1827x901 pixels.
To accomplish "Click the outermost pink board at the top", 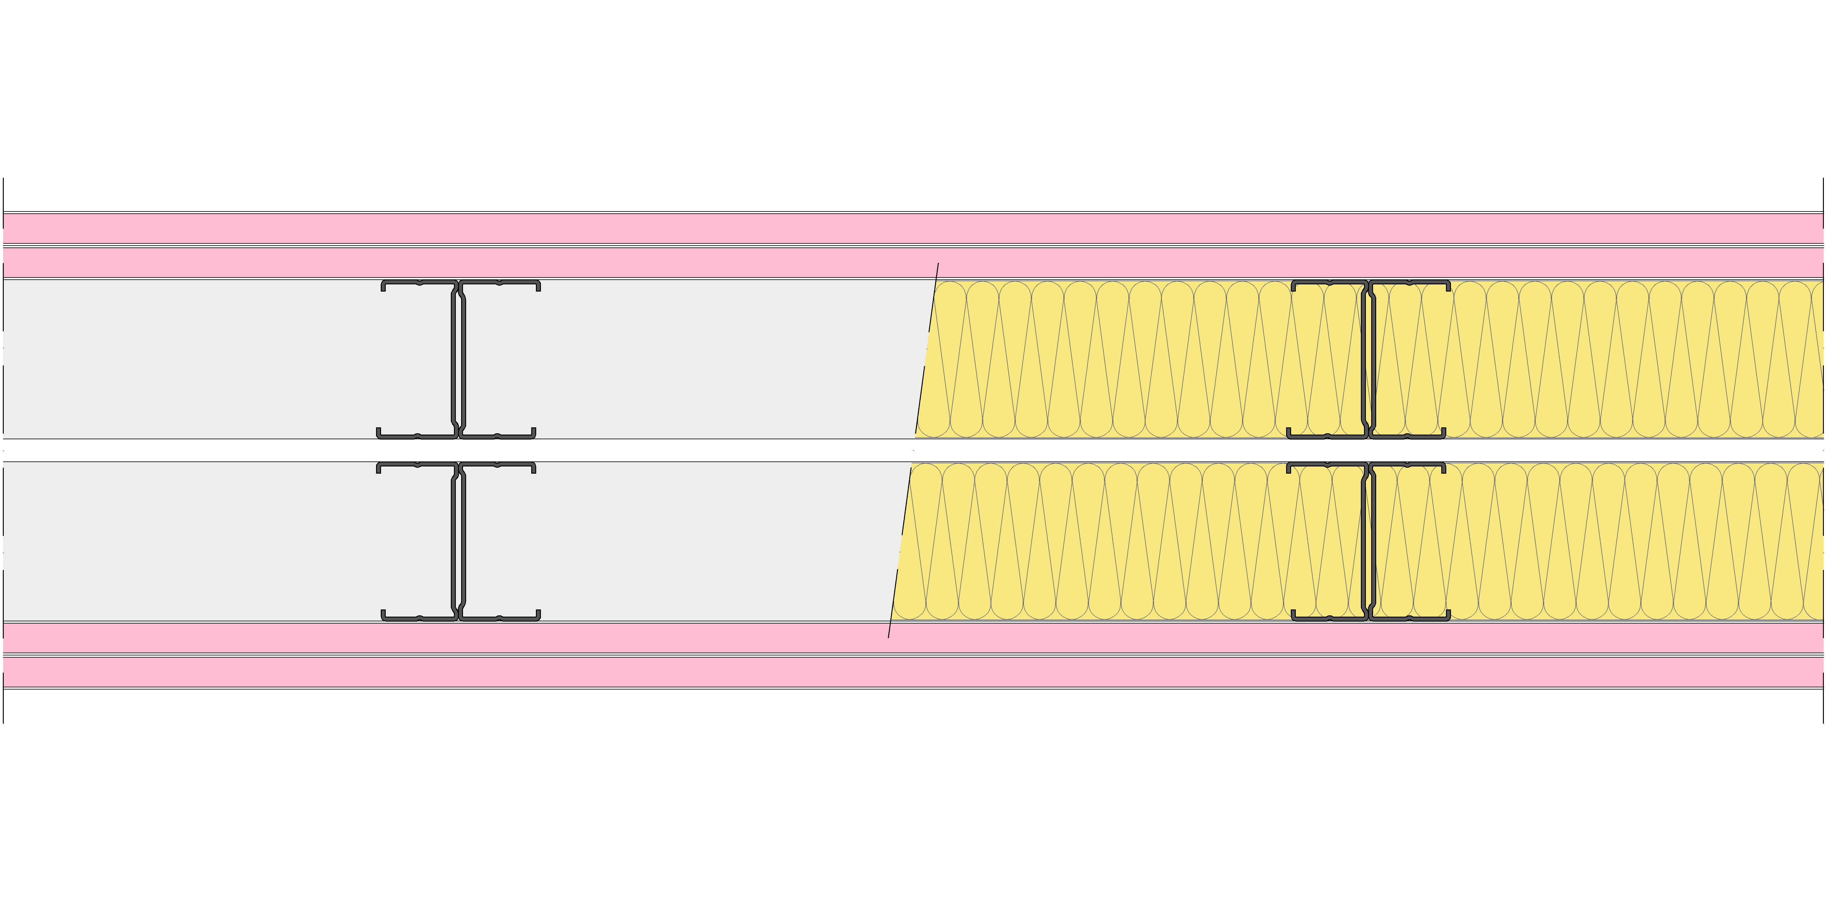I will (913, 228).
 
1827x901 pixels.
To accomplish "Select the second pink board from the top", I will (913, 262).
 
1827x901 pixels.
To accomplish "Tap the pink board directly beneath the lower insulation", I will (913, 637).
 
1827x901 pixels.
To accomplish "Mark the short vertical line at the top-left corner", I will (3, 194).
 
